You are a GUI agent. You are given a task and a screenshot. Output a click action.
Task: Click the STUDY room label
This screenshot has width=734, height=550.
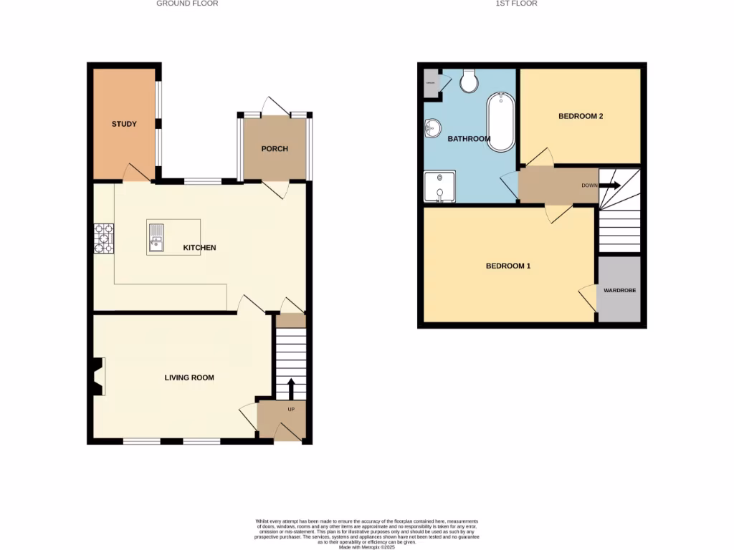124,124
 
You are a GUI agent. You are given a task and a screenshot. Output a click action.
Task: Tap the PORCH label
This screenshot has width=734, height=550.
275,149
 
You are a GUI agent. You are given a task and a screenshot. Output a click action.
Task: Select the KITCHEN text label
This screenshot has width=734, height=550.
199,248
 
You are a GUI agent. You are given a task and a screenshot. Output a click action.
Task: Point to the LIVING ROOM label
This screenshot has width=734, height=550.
189,377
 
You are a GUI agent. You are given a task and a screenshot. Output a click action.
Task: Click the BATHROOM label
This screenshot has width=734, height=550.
469,139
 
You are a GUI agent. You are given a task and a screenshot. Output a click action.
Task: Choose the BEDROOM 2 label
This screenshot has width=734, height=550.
580,115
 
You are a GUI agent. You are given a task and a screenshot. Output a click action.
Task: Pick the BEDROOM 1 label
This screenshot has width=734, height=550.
507,266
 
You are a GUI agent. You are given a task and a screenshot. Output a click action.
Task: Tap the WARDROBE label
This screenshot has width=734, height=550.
619,291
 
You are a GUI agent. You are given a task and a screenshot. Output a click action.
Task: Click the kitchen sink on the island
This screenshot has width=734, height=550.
156,237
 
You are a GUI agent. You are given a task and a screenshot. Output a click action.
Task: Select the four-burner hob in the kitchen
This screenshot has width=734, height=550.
103,238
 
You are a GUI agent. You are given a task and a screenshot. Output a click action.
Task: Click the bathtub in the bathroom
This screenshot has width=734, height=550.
500,122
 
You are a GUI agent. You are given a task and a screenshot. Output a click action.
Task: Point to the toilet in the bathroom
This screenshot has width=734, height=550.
470,81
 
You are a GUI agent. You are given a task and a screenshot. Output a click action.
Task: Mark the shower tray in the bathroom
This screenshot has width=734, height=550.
439,187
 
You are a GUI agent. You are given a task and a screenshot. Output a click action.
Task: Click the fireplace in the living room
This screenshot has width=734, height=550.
97,377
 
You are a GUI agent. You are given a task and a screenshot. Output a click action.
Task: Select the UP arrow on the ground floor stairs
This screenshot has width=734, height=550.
290,389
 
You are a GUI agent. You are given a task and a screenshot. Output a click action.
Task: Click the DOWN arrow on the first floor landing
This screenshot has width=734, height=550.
610,185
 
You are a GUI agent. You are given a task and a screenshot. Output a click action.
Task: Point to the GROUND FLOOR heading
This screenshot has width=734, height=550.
187,4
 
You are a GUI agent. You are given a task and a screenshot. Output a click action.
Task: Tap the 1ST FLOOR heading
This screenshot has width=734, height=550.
517,4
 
